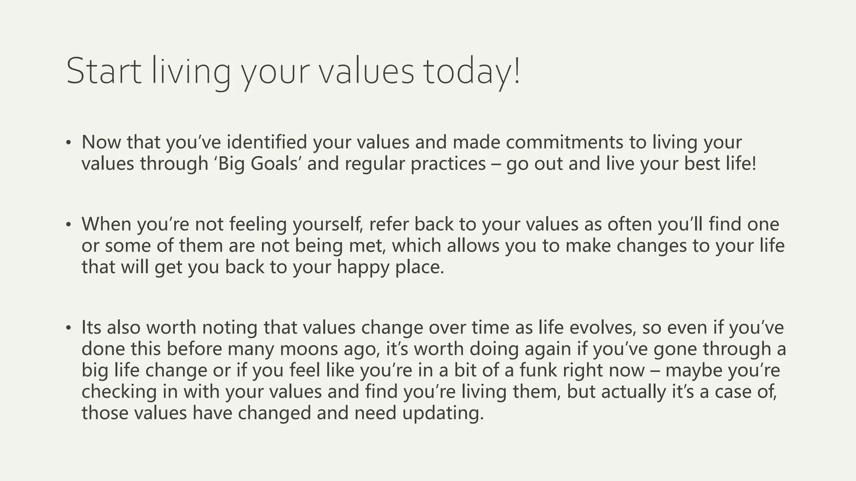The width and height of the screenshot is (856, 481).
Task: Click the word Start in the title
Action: (x=104, y=71)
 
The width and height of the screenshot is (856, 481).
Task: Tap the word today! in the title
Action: (x=471, y=71)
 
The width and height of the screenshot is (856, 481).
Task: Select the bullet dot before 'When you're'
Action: (x=69, y=224)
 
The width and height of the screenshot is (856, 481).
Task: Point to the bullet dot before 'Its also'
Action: (x=69, y=327)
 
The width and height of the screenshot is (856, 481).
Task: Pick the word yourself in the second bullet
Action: (x=327, y=224)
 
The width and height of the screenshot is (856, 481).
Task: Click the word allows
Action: (x=473, y=246)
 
